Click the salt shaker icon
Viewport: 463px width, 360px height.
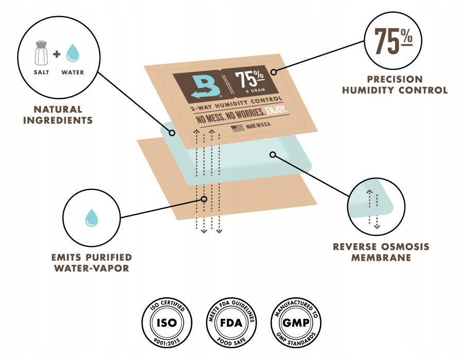click(41, 53)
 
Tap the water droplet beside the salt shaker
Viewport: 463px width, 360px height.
click(73, 53)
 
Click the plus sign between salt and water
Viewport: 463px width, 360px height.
click(57, 54)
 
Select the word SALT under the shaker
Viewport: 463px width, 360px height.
click(41, 73)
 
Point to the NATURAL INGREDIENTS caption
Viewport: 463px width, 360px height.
click(58, 115)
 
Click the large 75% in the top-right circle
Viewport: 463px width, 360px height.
click(394, 41)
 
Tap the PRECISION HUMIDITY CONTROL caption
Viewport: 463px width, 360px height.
click(395, 85)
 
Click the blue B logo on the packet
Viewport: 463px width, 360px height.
click(206, 87)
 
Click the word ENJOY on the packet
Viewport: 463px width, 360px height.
click(276, 110)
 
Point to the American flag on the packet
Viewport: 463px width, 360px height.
click(238, 128)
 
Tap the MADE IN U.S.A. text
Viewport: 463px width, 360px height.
click(258, 125)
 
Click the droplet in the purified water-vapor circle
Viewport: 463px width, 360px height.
click(92, 218)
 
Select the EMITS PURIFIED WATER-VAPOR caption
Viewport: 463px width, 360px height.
click(92, 263)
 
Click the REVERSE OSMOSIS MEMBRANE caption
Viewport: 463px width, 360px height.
click(381, 252)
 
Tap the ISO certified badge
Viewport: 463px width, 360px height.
click(167, 322)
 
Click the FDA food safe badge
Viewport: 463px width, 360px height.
click(231, 322)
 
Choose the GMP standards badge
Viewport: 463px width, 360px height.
click(296, 322)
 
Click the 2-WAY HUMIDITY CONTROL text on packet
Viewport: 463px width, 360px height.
click(237, 103)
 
